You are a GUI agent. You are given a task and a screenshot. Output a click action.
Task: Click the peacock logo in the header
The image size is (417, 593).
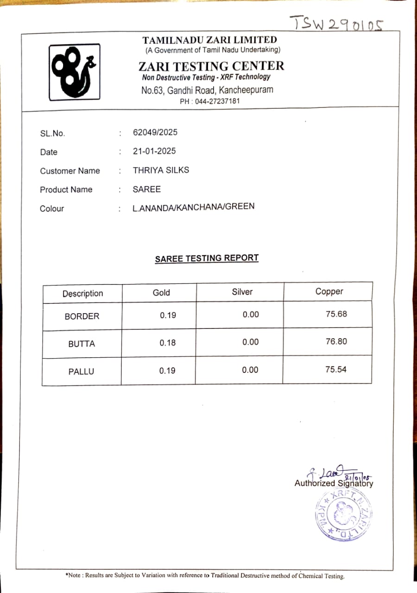click(x=75, y=71)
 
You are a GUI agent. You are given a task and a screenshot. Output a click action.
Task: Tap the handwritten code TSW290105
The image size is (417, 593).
click(x=337, y=22)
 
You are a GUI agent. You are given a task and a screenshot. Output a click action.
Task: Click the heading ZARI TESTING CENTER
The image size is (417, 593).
click(x=211, y=66)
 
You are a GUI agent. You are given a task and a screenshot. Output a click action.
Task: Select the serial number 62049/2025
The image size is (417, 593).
click(x=155, y=132)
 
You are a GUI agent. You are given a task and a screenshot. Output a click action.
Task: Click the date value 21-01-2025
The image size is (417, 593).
click(x=154, y=151)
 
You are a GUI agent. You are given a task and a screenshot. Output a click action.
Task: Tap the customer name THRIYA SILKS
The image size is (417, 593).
click(x=161, y=170)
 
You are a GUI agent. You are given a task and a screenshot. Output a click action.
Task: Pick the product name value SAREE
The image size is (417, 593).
click(x=146, y=189)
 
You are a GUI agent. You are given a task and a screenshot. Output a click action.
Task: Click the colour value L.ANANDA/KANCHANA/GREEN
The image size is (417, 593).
click(x=193, y=207)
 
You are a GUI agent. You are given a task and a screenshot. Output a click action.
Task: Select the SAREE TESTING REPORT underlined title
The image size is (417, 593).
click(x=207, y=259)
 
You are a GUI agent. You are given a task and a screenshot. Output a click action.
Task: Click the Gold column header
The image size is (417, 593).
click(x=161, y=293)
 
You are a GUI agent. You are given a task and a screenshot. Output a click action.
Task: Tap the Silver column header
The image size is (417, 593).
click(x=242, y=292)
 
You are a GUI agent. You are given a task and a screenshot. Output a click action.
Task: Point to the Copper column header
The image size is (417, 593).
click(x=329, y=291)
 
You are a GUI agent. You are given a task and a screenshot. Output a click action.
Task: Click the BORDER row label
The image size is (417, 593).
click(x=82, y=316)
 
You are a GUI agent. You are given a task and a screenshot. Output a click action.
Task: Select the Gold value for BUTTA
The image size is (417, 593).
click(x=168, y=343)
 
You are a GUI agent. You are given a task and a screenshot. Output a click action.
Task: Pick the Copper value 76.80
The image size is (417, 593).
click(x=336, y=341)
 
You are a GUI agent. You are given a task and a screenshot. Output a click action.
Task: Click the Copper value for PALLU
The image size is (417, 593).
click(x=336, y=370)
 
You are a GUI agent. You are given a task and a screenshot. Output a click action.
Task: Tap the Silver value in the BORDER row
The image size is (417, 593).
click(x=251, y=315)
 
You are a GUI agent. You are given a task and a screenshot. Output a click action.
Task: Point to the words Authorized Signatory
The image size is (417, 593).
click(x=334, y=483)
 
